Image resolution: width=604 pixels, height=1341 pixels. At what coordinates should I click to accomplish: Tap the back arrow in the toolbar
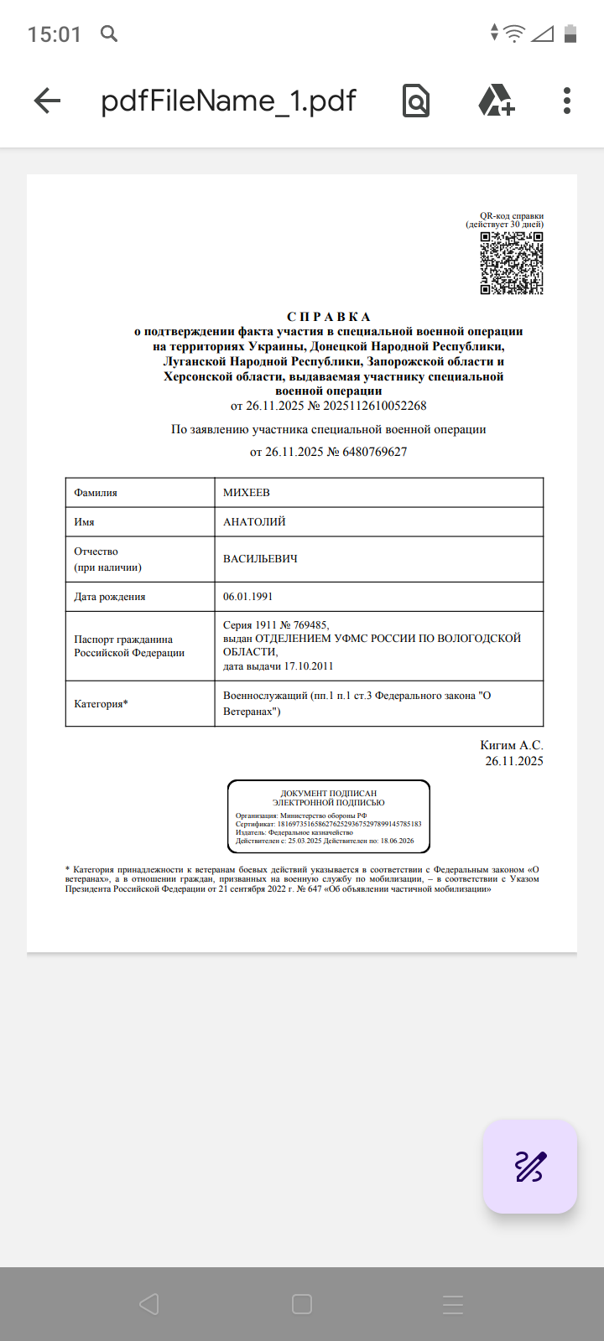click(x=48, y=101)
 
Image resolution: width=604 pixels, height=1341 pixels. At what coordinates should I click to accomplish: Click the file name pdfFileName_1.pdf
click(x=228, y=101)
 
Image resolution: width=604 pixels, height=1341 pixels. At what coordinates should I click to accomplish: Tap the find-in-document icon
click(x=415, y=101)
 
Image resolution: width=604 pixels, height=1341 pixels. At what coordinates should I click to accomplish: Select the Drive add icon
click(x=496, y=101)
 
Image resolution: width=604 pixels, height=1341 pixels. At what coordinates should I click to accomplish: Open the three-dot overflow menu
click(x=567, y=101)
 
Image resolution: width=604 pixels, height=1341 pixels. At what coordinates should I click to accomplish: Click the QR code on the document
click(x=511, y=263)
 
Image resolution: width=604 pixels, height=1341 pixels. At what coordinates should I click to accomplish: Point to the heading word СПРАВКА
click(x=329, y=317)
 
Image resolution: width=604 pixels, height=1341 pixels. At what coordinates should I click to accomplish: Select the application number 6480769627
click(x=375, y=452)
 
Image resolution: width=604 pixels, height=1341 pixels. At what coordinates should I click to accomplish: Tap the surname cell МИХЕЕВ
click(x=247, y=493)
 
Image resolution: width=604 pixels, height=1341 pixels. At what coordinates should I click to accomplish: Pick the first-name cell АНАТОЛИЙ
click(x=254, y=522)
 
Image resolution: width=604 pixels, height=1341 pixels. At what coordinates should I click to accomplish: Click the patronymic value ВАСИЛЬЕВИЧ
click(x=260, y=559)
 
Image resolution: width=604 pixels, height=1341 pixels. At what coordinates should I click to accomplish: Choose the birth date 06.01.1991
click(x=247, y=597)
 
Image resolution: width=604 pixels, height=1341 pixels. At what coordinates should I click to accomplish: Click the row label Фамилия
click(x=96, y=493)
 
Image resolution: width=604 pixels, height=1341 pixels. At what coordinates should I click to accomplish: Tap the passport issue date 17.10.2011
click(x=309, y=666)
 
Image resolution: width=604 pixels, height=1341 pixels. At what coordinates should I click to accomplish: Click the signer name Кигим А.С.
click(x=511, y=745)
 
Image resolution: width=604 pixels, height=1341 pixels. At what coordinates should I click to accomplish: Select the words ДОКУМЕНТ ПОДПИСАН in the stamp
click(x=329, y=793)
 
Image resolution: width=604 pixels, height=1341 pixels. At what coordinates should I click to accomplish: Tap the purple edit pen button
click(x=529, y=1166)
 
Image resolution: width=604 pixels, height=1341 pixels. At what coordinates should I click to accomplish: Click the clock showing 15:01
click(x=55, y=34)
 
